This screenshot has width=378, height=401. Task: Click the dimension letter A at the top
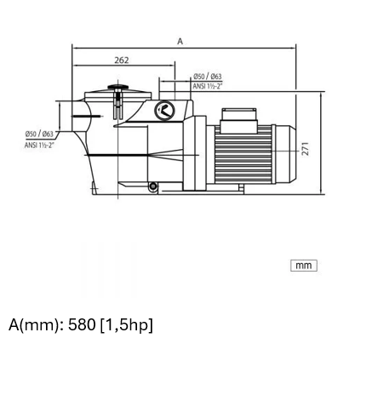tap(180, 42)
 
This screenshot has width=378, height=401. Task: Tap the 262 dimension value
tap(122, 60)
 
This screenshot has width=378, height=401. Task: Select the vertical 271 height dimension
tap(305, 149)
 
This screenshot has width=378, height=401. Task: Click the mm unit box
tap(304, 266)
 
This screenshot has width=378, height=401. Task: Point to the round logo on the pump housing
tap(164, 110)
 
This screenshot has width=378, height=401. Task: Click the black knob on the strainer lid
tap(117, 87)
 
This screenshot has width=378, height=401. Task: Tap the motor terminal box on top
tap(239, 120)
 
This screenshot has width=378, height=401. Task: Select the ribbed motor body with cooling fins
tap(243, 154)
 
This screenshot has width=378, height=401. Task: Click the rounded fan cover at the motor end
tap(285, 154)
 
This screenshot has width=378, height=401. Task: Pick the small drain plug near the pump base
tap(153, 186)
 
